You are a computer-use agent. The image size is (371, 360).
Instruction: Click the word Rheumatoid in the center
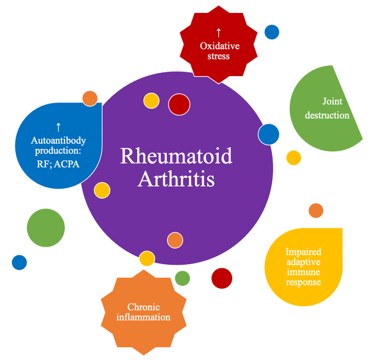pos(176,156)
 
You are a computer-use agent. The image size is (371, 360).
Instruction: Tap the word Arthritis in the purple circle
pos(176,179)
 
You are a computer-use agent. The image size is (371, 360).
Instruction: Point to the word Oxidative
pos(219,46)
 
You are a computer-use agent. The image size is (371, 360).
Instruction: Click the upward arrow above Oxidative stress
pos(219,32)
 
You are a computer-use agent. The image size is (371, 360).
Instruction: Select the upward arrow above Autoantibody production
pos(58,127)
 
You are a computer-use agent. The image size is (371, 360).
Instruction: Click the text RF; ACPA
pos(58,164)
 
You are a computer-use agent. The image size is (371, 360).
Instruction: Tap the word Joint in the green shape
pos(332,101)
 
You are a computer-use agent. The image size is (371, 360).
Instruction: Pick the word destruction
pos(327,115)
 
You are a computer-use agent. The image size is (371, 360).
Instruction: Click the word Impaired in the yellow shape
pos(303,251)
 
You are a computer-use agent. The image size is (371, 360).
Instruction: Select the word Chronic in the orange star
pos(143,307)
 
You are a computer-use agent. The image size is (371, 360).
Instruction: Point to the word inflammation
pos(143,317)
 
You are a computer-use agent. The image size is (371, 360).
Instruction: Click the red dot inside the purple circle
pos(179,104)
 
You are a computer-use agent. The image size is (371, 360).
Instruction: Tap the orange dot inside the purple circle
pos(175,240)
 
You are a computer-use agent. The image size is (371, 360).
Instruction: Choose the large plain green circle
pos(46,228)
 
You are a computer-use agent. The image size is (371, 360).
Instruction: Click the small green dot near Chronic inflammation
pos(182,278)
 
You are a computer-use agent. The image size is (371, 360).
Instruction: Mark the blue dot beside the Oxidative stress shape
pos(272,32)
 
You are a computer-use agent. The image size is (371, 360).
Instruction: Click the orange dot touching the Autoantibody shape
pos(90,98)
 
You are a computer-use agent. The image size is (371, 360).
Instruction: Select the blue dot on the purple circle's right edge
pos(269,134)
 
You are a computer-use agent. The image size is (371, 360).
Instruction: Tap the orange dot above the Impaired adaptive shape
pos(316,211)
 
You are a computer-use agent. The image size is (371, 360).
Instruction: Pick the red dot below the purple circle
pos(222,278)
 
